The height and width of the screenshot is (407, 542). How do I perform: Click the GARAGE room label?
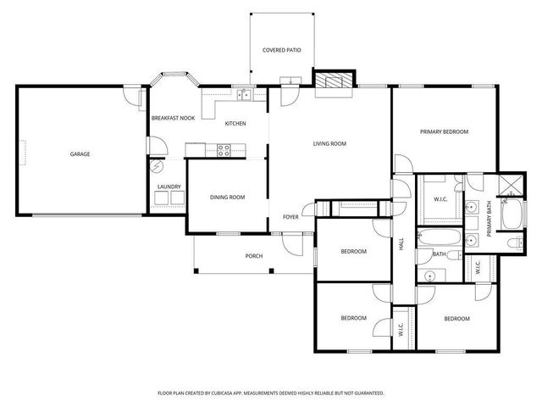80,153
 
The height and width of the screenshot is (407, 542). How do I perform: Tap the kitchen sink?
243,94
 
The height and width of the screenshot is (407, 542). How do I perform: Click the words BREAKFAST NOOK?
173,118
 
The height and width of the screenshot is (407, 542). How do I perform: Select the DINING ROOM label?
227,197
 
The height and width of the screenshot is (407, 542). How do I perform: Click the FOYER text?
290,217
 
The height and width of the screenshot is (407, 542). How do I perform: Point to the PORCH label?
253,255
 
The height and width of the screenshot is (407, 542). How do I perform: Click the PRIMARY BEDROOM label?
445,132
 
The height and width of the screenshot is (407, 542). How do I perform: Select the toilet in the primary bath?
513,244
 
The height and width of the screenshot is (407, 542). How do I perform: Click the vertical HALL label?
401,246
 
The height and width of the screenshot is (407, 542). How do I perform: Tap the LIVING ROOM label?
330,144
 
